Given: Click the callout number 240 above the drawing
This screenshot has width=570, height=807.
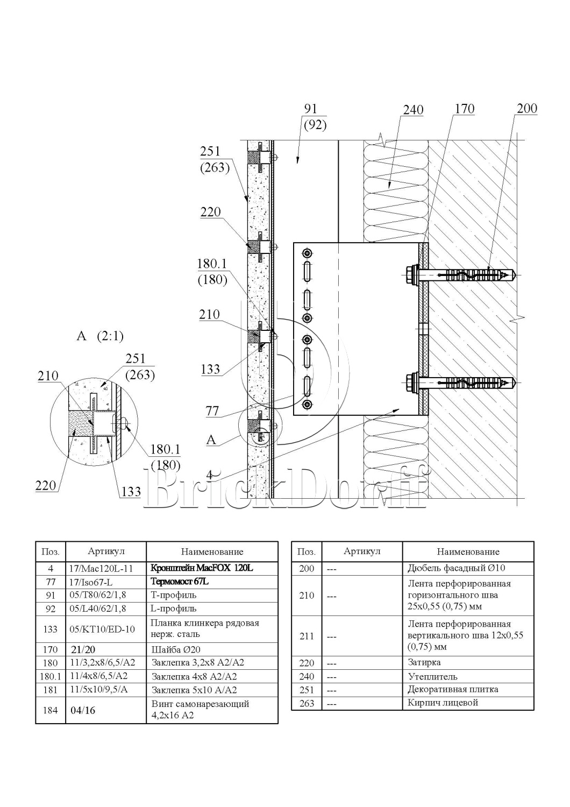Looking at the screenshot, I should click(x=413, y=110).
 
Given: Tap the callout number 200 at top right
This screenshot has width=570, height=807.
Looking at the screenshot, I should click(x=526, y=108).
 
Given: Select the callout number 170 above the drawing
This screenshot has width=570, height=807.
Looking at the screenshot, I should click(x=464, y=109).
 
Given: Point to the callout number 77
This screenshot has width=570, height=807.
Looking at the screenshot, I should click(x=213, y=411).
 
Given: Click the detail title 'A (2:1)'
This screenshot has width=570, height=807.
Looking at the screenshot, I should click(x=100, y=336).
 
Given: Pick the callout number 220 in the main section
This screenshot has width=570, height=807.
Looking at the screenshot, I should click(x=210, y=211).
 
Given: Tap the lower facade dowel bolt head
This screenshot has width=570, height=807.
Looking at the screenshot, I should click(x=412, y=383).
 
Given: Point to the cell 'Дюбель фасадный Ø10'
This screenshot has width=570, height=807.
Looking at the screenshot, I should click(x=457, y=568).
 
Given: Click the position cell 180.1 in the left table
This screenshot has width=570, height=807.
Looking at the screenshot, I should click(x=51, y=676).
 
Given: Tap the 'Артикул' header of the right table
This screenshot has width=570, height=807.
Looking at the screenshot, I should click(x=362, y=551).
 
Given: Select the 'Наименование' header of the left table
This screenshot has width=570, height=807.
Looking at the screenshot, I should click(x=212, y=551).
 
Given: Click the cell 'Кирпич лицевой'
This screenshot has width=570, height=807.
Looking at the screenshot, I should click(x=443, y=703).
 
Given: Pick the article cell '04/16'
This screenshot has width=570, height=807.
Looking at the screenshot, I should click(x=83, y=710).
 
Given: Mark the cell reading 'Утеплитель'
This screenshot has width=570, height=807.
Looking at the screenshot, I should click(x=433, y=676).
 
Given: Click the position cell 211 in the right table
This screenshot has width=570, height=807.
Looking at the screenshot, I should click(x=307, y=636).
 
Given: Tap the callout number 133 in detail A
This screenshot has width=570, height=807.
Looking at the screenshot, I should click(x=131, y=491).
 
